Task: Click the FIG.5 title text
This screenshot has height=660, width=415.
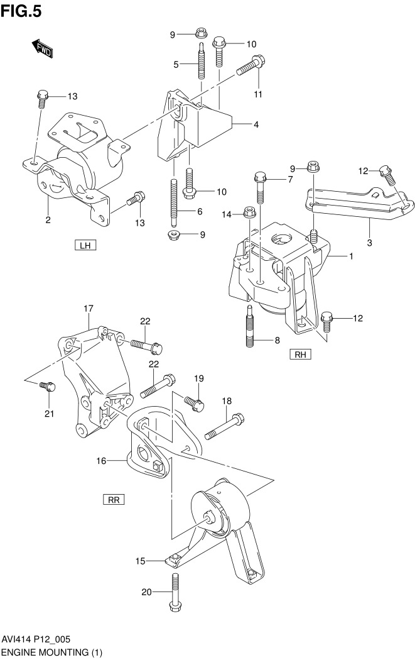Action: pos(21,11)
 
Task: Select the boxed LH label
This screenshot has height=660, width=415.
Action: pos(84,245)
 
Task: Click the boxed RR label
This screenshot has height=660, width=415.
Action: pos(114,500)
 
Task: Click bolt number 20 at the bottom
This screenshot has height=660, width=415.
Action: pos(175,591)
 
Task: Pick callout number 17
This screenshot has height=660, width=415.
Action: pos(89,308)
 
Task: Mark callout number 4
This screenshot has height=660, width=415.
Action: pos(256,124)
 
